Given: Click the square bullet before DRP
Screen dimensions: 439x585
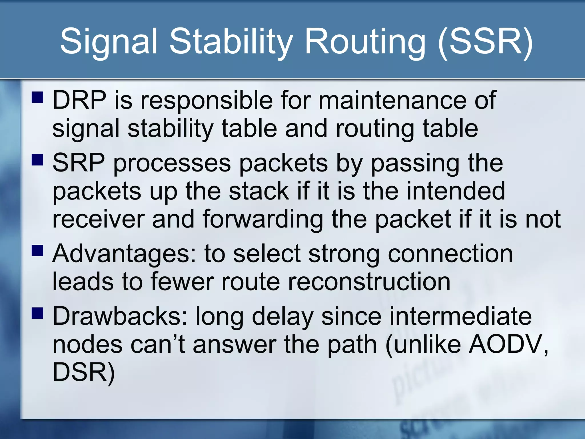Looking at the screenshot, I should (37, 97).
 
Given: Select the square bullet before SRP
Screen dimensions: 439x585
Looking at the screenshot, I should (37, 160).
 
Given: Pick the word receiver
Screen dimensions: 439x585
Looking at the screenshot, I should (98, 219).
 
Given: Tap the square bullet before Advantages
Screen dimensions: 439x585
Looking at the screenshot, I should (37, 251).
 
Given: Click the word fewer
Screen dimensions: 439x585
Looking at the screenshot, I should (182, 282).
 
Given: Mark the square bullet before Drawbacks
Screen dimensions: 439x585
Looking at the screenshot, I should (37, 313).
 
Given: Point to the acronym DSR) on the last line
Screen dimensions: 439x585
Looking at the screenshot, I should (84, 373).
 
